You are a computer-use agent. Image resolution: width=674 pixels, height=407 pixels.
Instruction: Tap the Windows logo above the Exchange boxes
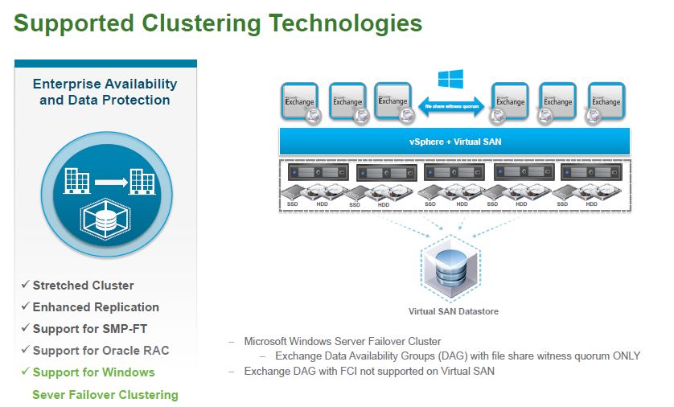448,79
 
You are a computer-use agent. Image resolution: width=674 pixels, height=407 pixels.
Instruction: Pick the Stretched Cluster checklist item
83,286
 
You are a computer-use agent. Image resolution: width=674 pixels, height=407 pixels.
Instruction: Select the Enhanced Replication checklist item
96,307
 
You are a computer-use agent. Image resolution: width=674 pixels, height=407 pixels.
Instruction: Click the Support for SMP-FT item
90,329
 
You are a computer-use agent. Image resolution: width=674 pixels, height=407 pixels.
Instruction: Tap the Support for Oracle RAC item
101,351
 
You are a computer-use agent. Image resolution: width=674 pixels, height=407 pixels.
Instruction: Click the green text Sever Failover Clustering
105,395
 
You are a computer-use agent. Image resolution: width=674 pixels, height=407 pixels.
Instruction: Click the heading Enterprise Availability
105,84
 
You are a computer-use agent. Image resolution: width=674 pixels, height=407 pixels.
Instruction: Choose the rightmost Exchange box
606,102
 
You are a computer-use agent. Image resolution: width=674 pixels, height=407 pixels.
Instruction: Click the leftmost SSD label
290,204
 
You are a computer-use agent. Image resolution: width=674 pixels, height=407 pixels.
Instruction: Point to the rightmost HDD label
592,204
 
